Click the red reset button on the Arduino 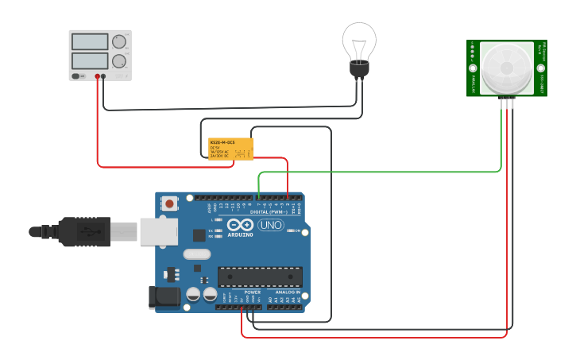tap(169, 204)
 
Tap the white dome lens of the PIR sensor tap(505, 67)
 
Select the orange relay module tap(230, 149)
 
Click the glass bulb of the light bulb tap(359, 40)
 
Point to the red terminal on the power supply tap(98, 76)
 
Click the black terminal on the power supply tap(103, 76)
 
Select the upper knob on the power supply tap(119, 41)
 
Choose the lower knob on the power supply tap(119, 60)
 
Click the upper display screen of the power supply tap(89, 41)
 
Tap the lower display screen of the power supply tap(89, 60)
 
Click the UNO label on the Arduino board tap(271, 225)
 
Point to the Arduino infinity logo tap(239, 224)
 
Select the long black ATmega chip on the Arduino tap(260, 277)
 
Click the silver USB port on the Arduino tap(158, 231)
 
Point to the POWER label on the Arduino tap(253, 292)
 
